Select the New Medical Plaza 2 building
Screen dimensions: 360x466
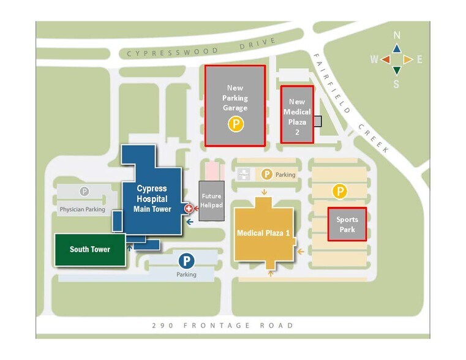297,114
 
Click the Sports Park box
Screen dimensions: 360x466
347,224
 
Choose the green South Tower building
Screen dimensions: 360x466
90,249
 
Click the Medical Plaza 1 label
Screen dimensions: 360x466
263,233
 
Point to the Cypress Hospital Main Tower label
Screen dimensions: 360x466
152,199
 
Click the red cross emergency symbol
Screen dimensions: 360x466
189,209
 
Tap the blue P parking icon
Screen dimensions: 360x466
186,261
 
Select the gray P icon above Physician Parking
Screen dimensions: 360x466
85,191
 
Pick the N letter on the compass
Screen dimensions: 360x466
396,36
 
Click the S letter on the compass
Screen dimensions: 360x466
397,84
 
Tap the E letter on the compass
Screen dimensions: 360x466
419,59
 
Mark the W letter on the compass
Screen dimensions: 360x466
374,59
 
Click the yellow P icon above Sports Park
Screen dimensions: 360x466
340,192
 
